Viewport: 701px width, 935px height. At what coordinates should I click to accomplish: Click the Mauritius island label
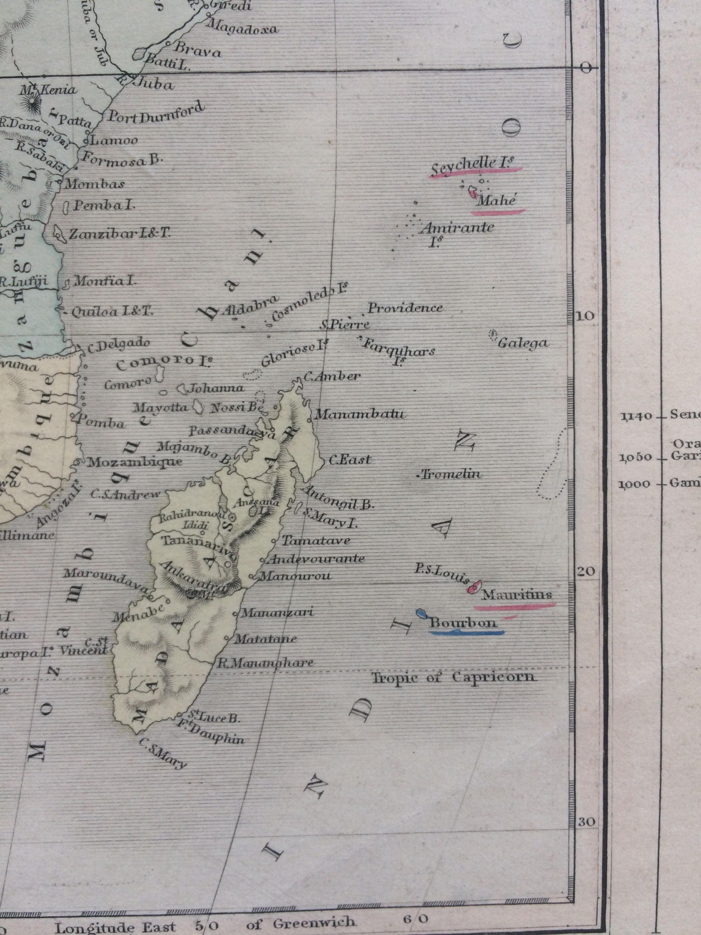point(517,595)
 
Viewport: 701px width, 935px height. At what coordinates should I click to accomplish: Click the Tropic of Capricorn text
point(453,678)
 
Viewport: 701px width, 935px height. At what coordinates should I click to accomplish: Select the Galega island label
point(523,343)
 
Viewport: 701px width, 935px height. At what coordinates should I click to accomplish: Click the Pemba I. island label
point(104,206)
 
